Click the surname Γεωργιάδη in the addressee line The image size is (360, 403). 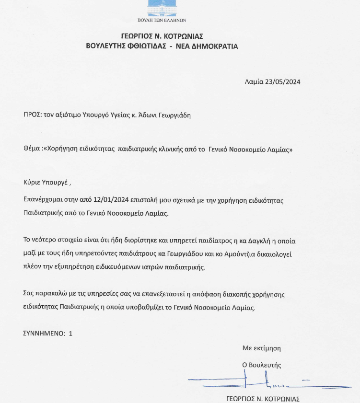pyautogui.click(x=173, y=115)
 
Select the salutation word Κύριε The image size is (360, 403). pyautogui.click(x=33, y=183)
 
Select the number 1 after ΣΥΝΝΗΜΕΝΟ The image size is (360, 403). pyautogui.click(x=71, y=333)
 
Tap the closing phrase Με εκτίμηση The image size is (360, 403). pyautogui.click(x=261, y=348)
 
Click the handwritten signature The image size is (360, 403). pyautogui.click(x=259, y=382)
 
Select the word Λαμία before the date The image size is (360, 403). pyautogui.click(x=254, y=81)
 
